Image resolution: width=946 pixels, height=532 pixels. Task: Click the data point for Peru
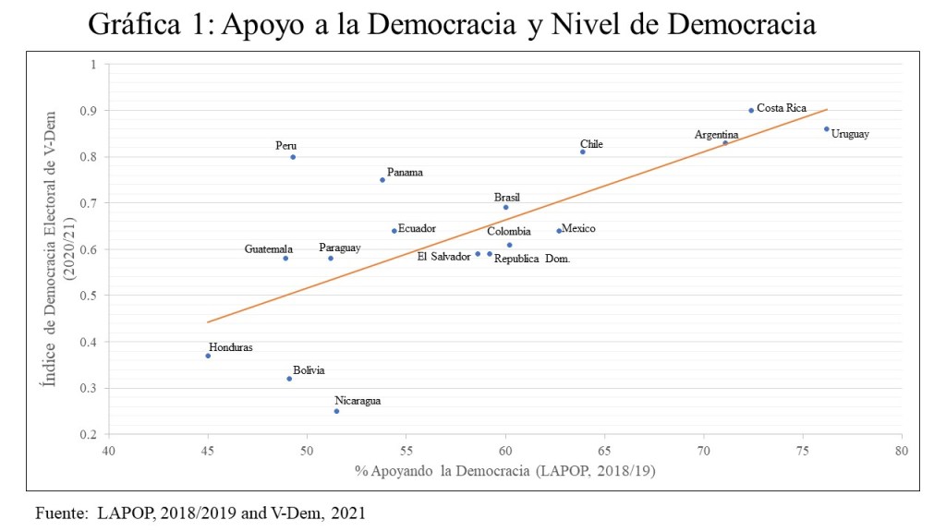pyautogui.click(x=293, y=157)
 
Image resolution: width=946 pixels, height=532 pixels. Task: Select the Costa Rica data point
pyautogui.click(x=751, y=110)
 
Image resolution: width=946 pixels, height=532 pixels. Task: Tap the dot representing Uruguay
pyautogui.click(x=827, y=129)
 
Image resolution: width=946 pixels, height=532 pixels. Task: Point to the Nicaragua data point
pyautogui.click(x=336, y=411)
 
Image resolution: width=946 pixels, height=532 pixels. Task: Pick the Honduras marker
pyautogui.click(x=208, y=356)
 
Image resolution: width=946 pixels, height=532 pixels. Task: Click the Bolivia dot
pyautogui.click(x=289, y=379)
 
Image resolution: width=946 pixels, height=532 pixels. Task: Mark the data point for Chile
pyautogui.click(x=583, y=151)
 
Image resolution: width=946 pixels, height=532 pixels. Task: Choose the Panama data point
pyautogui.click(x=382, y=180)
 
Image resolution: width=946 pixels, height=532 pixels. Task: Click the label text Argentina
pyautogui.click(x=716, y=135)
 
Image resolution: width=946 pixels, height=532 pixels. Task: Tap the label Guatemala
pyautogui.click(x=269, y=249)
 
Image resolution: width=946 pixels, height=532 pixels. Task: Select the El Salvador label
pyautogui.click(x=443, y=256)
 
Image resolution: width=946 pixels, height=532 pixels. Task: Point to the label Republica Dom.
pyautogui.click(x=532, y=260)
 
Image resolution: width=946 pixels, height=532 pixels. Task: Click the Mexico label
pyautogui.click(x=579, y=228)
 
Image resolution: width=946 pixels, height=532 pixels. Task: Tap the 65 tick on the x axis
pyautogui.click(x=604, y=451)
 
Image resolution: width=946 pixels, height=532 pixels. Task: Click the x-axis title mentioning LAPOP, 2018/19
pyautogui.click(x=504, y=472)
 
